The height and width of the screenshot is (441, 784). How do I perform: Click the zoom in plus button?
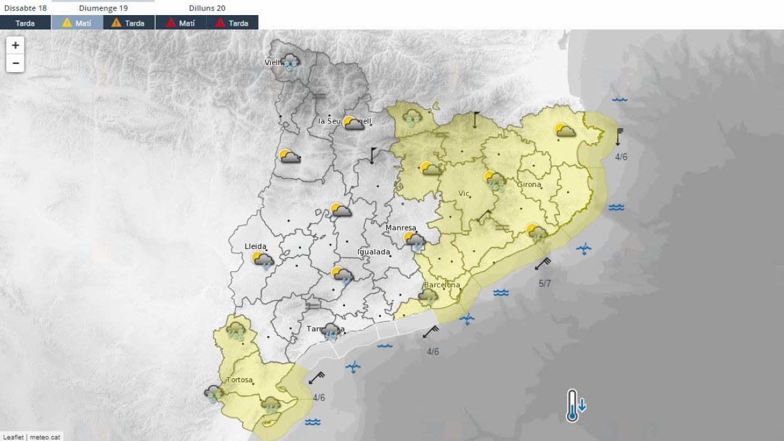pos(16,46)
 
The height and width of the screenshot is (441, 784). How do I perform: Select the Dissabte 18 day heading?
pos(25,8)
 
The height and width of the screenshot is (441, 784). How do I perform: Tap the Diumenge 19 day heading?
pos(103,8)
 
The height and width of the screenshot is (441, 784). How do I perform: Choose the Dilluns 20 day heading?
pos(207,8)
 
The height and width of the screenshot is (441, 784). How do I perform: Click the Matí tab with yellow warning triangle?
pos(77,23)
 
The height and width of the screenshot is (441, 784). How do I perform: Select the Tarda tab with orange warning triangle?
pos(129,23)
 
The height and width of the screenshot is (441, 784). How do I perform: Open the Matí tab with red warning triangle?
pos(181,23)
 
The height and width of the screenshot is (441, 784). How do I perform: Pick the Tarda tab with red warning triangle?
pos(232,23)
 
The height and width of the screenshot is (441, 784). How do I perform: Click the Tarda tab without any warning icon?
pos(25,23)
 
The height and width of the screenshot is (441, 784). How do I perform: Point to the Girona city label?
pos(529,184)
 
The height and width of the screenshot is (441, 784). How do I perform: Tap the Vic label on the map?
pos(464,193)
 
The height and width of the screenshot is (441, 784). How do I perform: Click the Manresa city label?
pos(401,228)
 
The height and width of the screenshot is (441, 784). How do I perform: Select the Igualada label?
pos(373,252)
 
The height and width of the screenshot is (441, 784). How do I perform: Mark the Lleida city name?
pos(255,247)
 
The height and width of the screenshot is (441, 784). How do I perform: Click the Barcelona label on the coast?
pos(442,285)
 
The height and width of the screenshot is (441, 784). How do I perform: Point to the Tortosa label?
pos(239,380)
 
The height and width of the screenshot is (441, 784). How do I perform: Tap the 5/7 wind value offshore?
pos(544,284)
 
